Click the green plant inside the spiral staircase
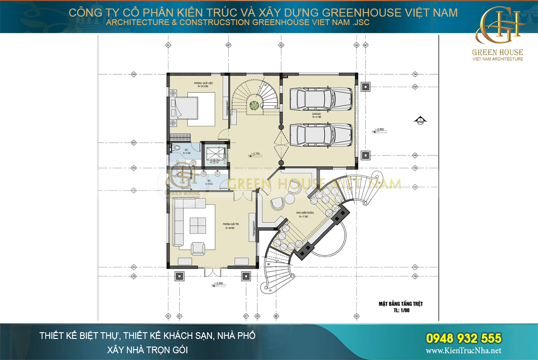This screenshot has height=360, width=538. tap(254, 106)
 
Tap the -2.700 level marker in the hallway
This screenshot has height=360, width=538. tap(256, 154)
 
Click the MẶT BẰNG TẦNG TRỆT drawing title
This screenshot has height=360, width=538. tap(400, 304)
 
